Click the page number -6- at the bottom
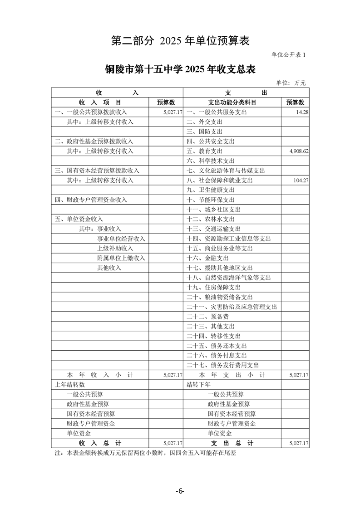(180, 491)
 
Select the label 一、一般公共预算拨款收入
(91, 112)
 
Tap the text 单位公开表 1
(289, 55)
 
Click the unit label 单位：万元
(291, 83)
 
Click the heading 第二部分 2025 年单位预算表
(180, 41)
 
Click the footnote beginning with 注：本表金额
(146, 453)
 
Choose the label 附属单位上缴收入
(121, 258)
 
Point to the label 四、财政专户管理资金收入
(91, 200)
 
